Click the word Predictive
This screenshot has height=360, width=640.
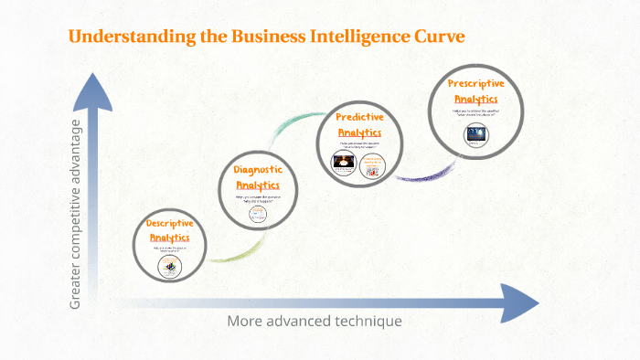tap(358, 117)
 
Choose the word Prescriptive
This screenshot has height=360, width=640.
tap(475, 84)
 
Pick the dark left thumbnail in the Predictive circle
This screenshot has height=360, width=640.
tap(344, 164)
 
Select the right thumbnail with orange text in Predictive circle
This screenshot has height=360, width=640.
tap(373, 164)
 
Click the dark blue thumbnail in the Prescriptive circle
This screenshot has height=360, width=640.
tap(475, 133)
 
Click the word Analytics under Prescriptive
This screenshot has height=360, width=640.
tap(475, 99)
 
